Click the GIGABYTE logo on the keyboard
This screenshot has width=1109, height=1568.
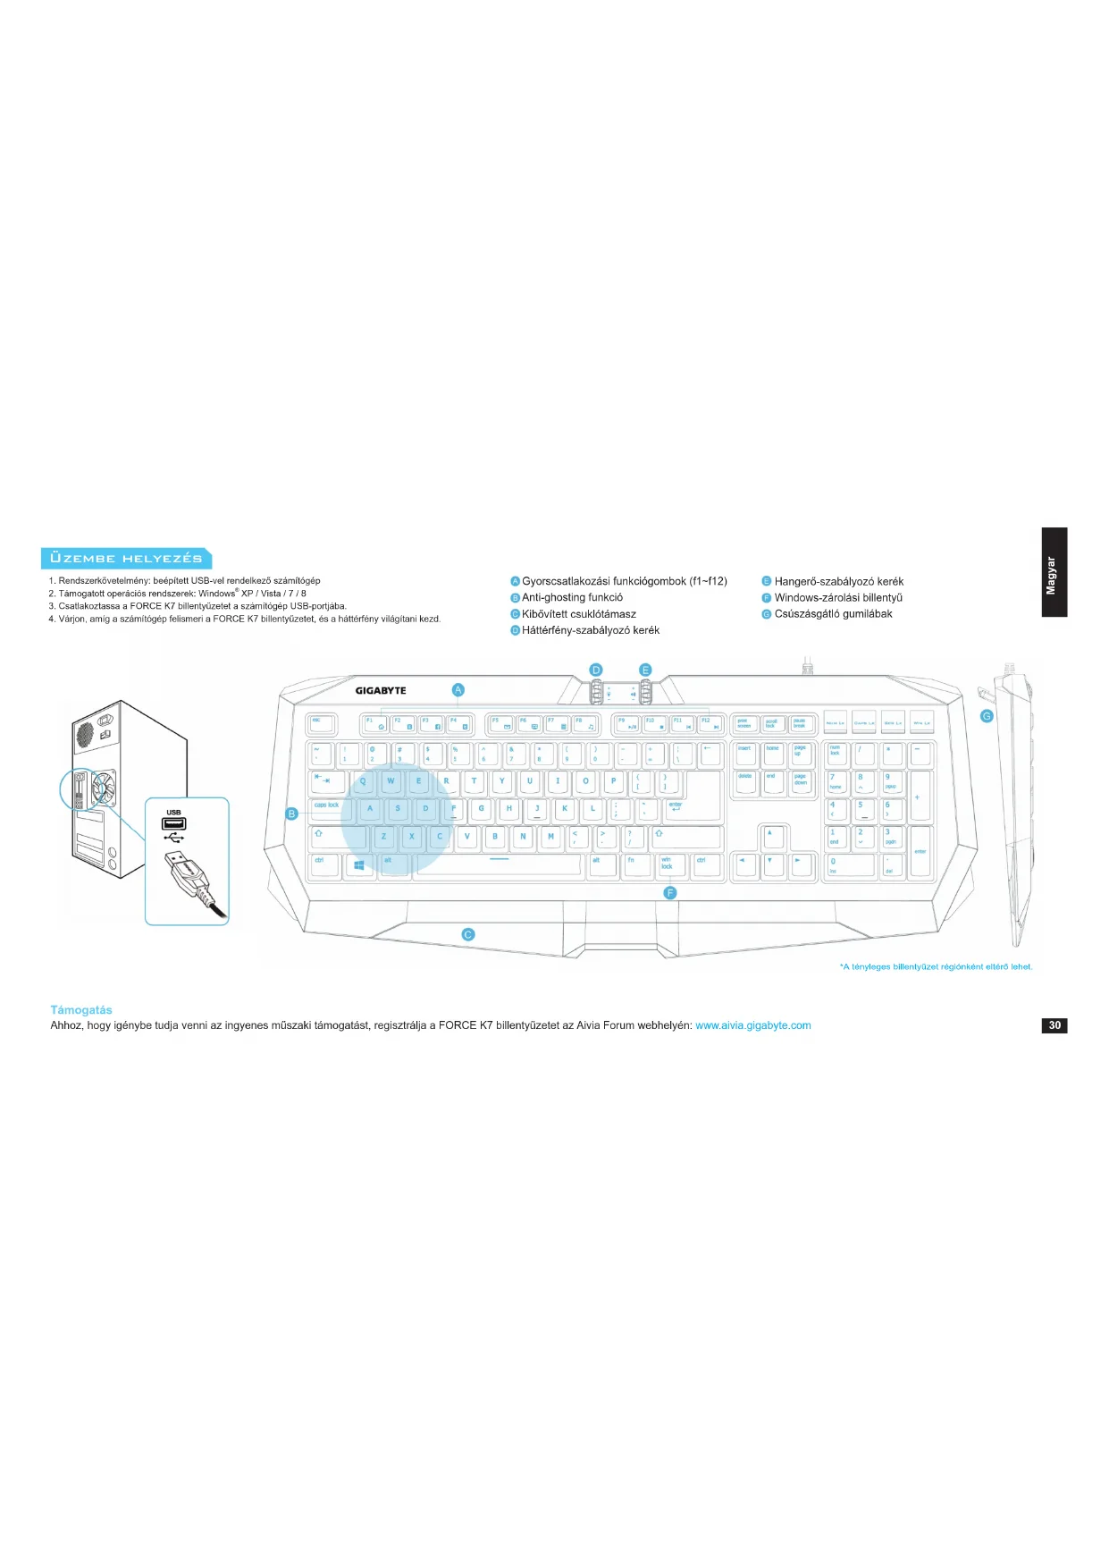click(x=381, y=690)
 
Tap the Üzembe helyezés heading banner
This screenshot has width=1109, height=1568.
click(x=126, y=559)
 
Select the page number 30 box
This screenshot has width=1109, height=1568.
click(x=1054, y=1025)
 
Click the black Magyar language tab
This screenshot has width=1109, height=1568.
click(x=1054, y=572)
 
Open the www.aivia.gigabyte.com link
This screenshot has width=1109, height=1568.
click(x=752, y=1025)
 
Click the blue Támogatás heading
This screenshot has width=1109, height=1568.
click(x=81, y=1010)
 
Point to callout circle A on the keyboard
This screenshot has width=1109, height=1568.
click(x=458, y=689)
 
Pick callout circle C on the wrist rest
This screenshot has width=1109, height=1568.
click(x=467, y=934)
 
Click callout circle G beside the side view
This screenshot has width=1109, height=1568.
click(x=987, y=716)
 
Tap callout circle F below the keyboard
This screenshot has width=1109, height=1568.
click(x=670, y=893)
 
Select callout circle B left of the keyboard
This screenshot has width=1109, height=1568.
click(x=291, y=814)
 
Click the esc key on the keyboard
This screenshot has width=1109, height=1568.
click(x=321, y=723)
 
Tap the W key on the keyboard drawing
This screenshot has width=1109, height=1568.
click(x=391, y=782)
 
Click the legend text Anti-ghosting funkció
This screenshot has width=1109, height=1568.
click(x=572, y=597)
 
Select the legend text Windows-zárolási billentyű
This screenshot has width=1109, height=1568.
click(x=837, y=597)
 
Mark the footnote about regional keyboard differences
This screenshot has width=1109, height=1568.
click(x=936, y=966)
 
